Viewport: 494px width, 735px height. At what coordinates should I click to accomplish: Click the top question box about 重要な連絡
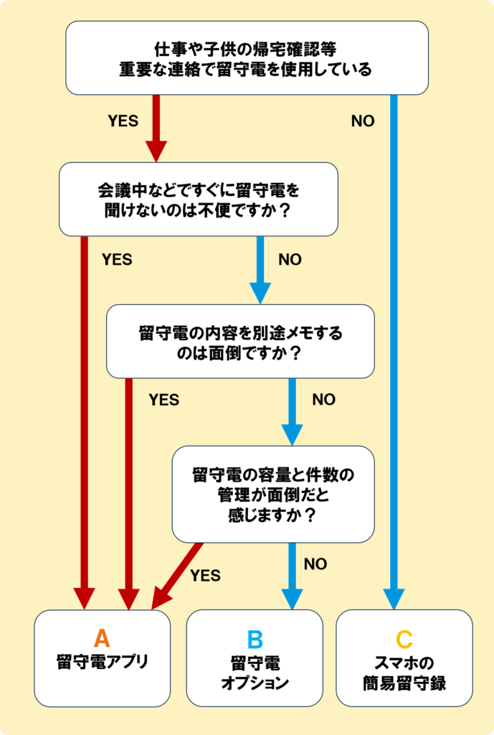click(x=246, y=59)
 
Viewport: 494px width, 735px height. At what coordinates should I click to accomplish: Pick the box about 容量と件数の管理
click(x=273, y=495)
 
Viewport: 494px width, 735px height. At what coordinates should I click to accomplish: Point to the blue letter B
click(x=255, y=639)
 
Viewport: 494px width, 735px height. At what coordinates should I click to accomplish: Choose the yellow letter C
click(x=404, y=639)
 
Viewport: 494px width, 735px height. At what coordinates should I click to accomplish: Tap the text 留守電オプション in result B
click(x=255, y=672)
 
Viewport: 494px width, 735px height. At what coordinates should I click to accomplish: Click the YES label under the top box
click(x=123, y=121)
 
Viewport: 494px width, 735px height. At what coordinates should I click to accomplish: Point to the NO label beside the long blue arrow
click(x=363, y=121)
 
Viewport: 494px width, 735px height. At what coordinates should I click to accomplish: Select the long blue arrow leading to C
click(x=394, y=345)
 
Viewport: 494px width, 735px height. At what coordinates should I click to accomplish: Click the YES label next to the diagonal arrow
click(x=205, y=576)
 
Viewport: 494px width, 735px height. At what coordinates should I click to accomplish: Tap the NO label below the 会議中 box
click(x=290, y=260)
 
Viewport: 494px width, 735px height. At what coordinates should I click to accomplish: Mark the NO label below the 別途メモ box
click(x=323, y=400)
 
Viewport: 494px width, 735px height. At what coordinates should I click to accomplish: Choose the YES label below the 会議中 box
click(x=117, y=260)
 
